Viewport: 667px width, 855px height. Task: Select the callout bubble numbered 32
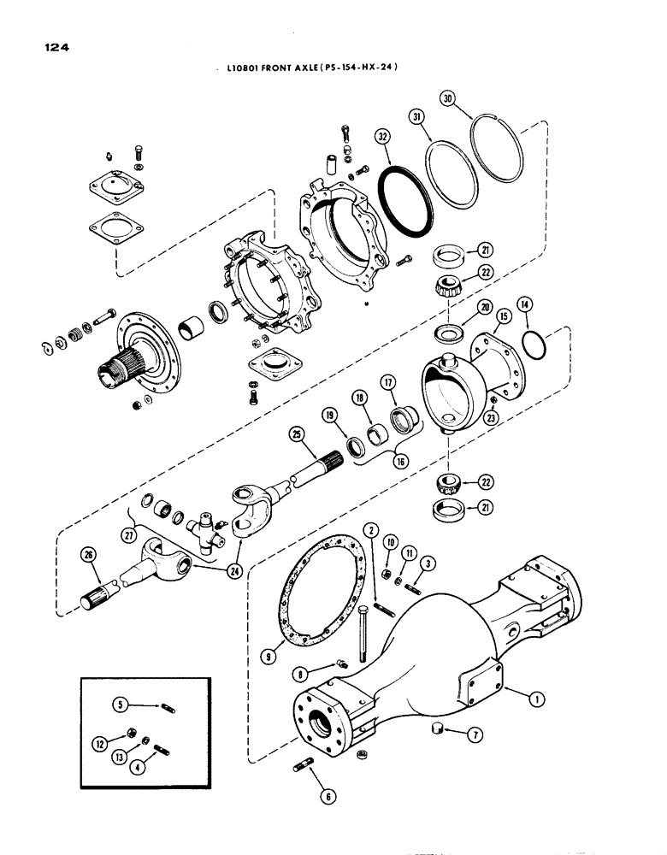tap(381, 134)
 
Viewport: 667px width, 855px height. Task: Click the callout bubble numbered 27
tap(128, 536)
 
